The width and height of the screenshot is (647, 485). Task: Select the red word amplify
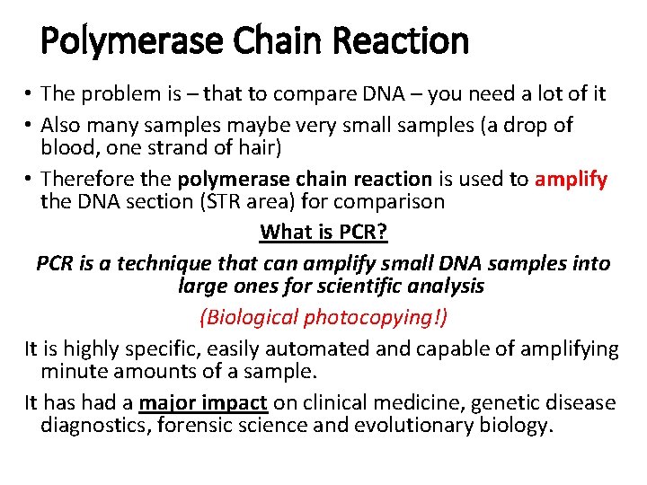tap(572, 179)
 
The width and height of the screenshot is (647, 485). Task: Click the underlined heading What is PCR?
tap(323, 233)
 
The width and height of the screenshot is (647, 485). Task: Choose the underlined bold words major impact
tap(203, 402)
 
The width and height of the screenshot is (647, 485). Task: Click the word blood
tap(68, 147)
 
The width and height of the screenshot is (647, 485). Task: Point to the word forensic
tap(193, 425)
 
